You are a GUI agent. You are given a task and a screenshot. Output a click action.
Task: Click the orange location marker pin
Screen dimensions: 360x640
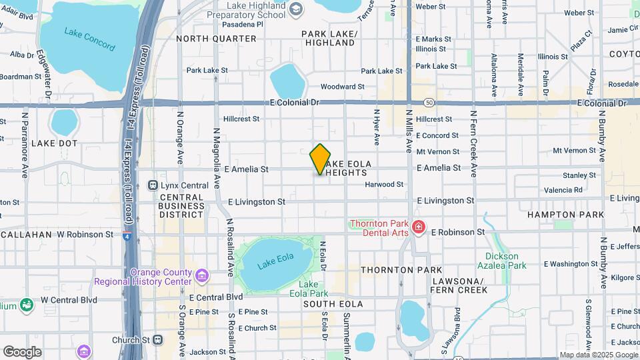pyautogui.click(x=321, y=159)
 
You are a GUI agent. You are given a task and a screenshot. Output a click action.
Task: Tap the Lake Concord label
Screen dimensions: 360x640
pyautogui.click(x=89, y=35)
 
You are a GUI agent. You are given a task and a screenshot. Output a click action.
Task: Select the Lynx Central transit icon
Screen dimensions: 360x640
pyautogui.click(x=153, y=185)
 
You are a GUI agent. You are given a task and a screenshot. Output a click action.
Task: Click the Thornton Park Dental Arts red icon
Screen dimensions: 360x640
pyautogui.click(x=419, y=227)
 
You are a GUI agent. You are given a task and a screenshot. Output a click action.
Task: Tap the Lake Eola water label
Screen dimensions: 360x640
pyautogui.click(x=275, y=261)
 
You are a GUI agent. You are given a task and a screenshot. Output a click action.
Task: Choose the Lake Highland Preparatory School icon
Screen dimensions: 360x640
pyautogui.click(x=295, y=8)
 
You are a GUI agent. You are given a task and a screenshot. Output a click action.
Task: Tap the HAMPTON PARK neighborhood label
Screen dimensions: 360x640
pyautogui.click(x=555, y=215)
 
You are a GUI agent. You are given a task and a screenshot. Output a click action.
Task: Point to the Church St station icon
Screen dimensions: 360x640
pyautogui.click(x=157, y=339)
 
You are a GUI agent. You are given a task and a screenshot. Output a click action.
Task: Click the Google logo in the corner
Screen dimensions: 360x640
pyautogui.click(x=22, y=352)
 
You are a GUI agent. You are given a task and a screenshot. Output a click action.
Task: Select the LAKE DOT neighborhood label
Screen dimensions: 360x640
pyautogui.click(x=55, y=143)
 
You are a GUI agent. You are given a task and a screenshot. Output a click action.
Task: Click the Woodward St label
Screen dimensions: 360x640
pyautogui.click(x=342, y=87)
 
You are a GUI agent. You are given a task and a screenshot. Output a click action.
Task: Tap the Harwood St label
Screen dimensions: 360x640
pyautogui.click(x=384, y=184)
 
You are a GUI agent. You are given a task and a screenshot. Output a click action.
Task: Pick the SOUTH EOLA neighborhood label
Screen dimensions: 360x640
pyautogui.click(x=333, y=304)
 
